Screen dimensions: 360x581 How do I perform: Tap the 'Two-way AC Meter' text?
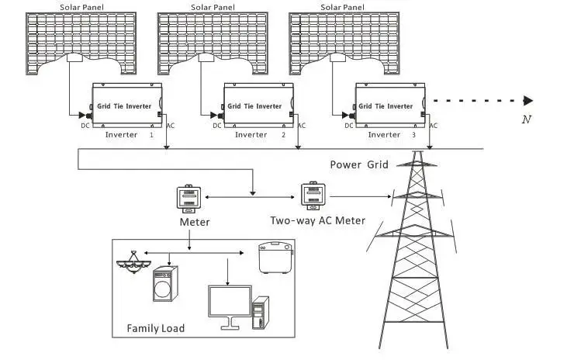click(x=317, y=220)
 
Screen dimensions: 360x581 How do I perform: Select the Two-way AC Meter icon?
click(x=312, y=194)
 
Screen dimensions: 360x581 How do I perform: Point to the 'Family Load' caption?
click(x=156, y=328)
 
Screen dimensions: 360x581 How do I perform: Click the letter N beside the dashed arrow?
click(x=527, y=119)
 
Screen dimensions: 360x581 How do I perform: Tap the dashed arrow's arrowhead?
click(x=528, y=100)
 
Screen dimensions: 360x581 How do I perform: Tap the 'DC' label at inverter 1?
click(x=85, y=125)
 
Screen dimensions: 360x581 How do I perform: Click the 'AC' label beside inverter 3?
click(x=434, y=125)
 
